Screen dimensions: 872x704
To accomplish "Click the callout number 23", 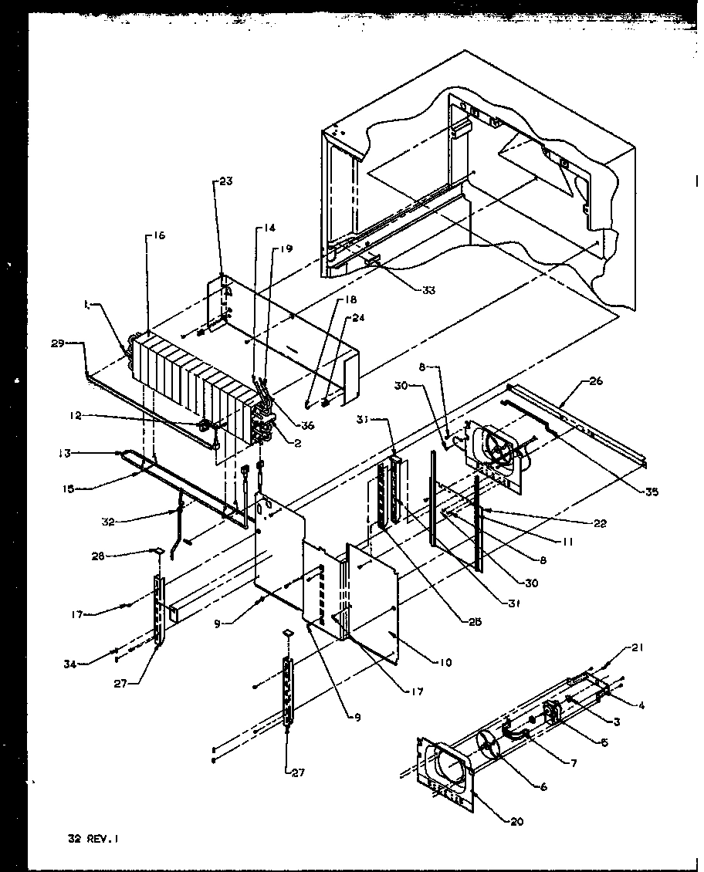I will (225, 181).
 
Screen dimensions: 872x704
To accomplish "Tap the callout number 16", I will (158, 235).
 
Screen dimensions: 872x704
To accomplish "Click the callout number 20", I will (517, 822).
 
